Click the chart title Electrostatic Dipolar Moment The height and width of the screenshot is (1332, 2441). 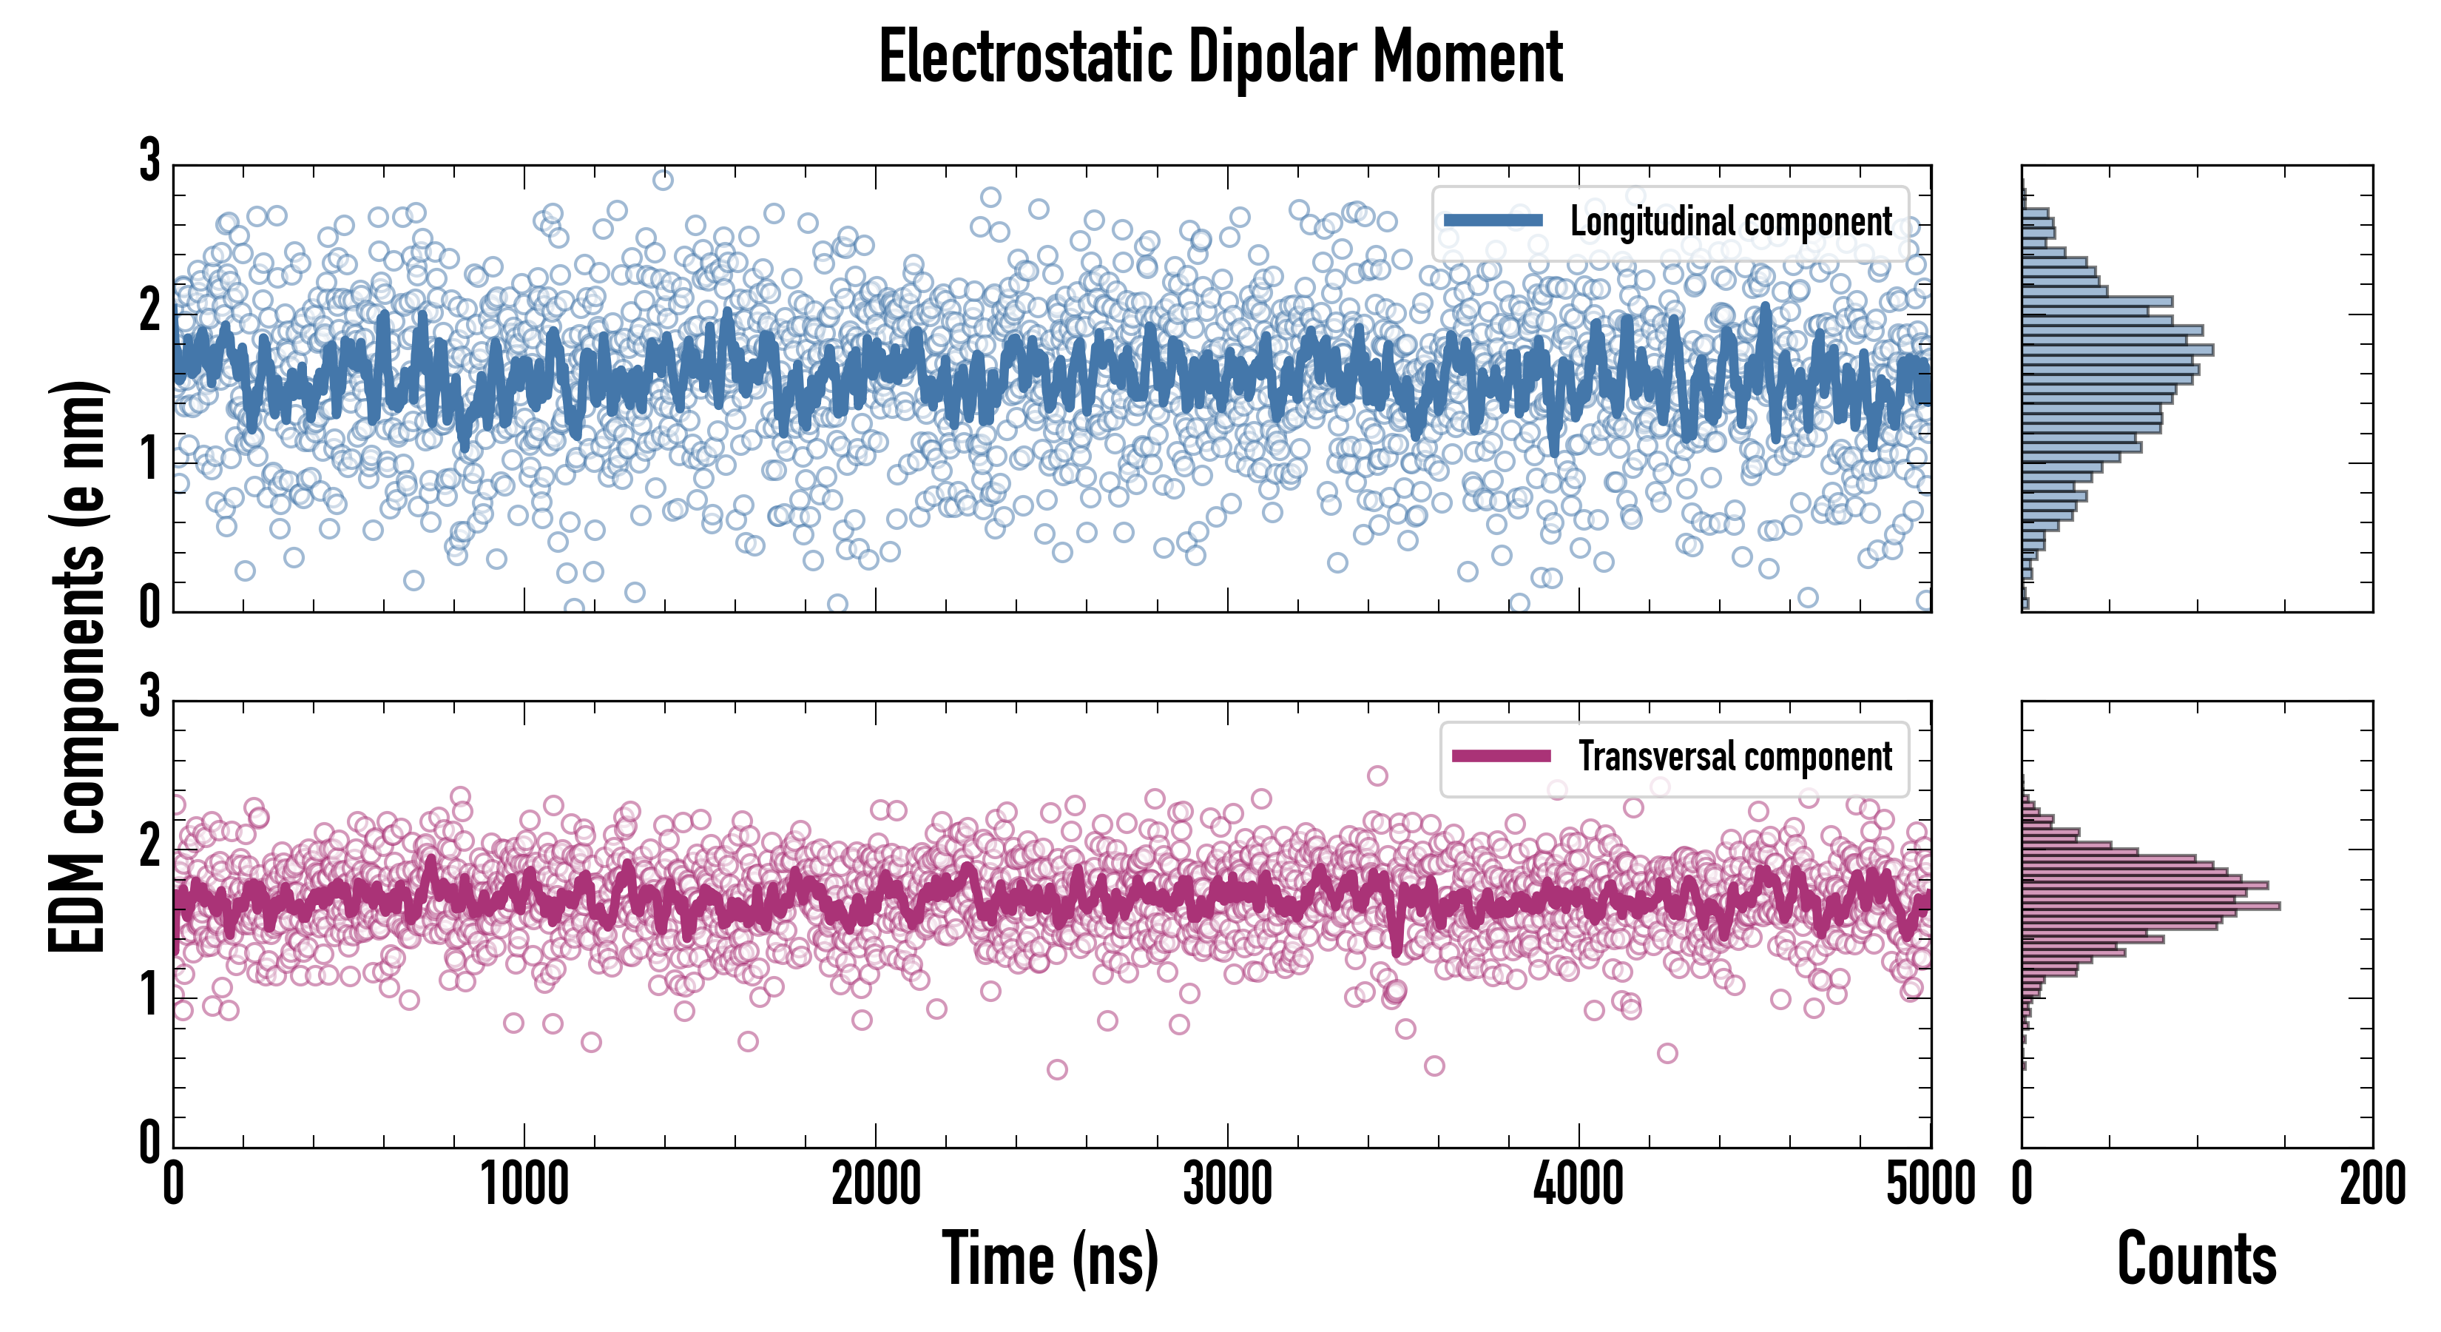pyautogui.click(x=1220, y=58)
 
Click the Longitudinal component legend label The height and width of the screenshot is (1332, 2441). pyautogui.click(x=1730, y=222)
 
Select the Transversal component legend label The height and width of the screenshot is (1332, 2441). pyautogui.click(x=1734, y=756)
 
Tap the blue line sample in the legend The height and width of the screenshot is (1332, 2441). pyautogui.click(x=1493, y=221)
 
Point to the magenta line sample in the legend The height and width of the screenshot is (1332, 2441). pyautogui.click(x=1501, y=756)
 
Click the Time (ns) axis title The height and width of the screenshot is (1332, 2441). pyautogui.click(x=1050, y=1258)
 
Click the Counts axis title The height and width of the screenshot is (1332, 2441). pyautogui.click(x=2196, y=1258)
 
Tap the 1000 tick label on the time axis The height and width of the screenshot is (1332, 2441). pyautogui.click(x=524, y=1184)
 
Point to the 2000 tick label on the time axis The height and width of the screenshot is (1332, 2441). pyautogui.click(x=876, y=1184)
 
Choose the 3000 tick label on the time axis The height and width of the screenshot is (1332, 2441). pyautogui.click(x=1227, y=1184)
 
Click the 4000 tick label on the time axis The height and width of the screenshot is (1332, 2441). pyautogui.click(x=1579, y=1184)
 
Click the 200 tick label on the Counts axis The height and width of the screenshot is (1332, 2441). pyautogui.click(x=2371, y=1184)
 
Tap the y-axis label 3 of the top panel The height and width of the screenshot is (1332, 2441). pyautogui.click(x=149, y=161)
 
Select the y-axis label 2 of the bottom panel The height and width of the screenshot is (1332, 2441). pyautogui.click(x=149, y=846)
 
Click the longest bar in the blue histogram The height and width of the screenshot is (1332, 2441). pyautogui.click(x=2117, y=350)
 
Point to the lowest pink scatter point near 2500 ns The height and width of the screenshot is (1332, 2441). pyautogui.click(x=1058, y=1069)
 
